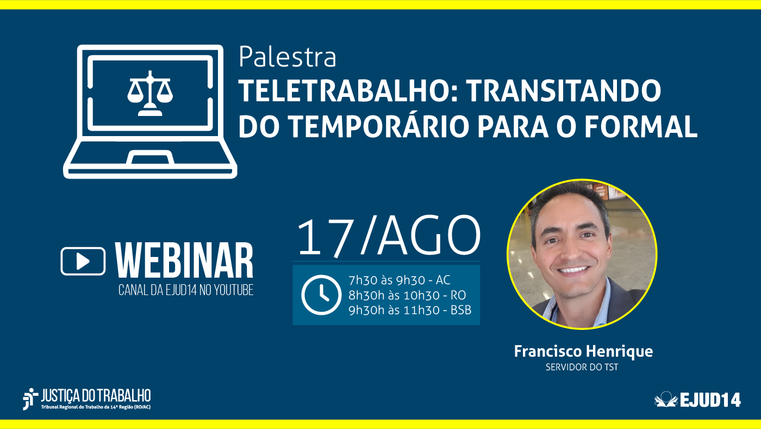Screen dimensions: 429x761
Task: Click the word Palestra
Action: (x=287, y=57)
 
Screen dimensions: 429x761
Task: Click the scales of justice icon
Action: (x=149, y=93)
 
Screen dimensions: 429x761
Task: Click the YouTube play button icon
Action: (x=83, y=261)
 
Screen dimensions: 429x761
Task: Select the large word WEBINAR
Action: (x=185, y=261)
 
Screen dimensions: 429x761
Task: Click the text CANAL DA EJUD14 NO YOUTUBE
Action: (x=186, y=290)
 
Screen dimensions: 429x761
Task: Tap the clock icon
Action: (x=321, y=295)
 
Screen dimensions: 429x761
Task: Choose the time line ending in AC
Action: (x=399, y=280)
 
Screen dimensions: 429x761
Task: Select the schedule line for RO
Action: (x=407, y=295)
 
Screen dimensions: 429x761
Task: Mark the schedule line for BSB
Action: (x=409, y=310)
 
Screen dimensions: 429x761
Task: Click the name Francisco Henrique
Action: (x=583, y=351)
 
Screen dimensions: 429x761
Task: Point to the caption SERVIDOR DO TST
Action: (x=582, y=367)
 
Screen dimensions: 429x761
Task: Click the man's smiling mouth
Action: (x=572, y=269)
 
